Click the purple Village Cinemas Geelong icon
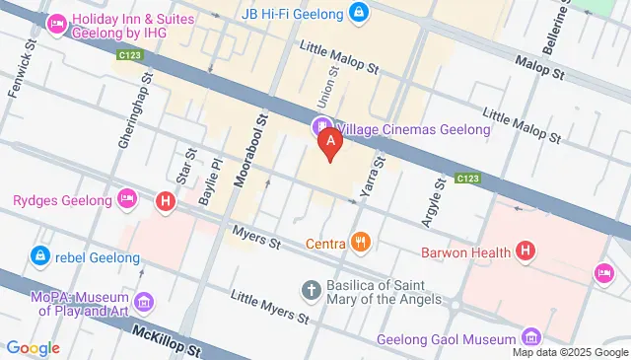(x=320, y=128)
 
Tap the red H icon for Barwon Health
(x=526, y=252)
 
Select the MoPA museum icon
(x=145, y=301)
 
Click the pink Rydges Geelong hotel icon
(x=125, y=200)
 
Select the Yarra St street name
(x=371, y=174)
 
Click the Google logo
(x=32, y=347)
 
